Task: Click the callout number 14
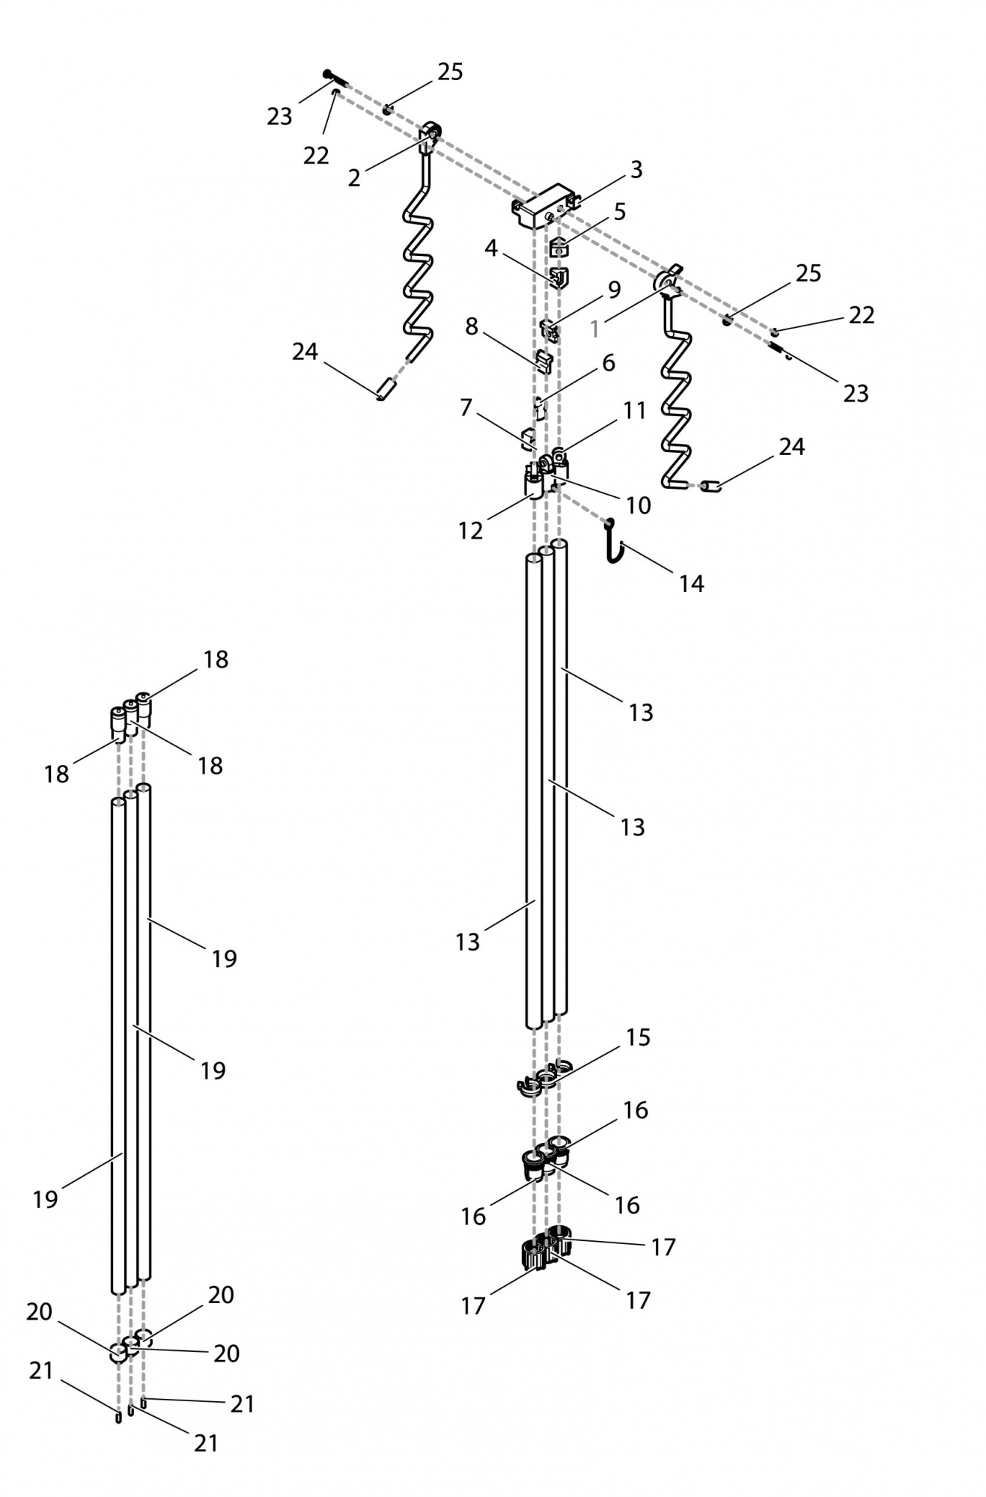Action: (691, 584)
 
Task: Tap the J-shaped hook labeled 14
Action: (613, 541)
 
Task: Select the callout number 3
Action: (636, 170)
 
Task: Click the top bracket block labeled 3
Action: (546, 206)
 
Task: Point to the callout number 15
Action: (637, 1037)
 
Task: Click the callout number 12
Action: (470, 531)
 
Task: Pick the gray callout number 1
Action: (595, 328)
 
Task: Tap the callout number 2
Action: (354, 177)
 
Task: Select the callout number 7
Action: (466, 408)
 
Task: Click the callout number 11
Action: (634, 410)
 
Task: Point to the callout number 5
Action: (619, 212)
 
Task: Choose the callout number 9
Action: (614, 289)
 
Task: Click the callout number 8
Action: (471, 326)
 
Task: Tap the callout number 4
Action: (490, 248)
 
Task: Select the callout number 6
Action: (608, 363)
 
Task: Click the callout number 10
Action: (638, 505)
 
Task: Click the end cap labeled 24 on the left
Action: (386, 390)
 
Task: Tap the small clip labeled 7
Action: (529, 439)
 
